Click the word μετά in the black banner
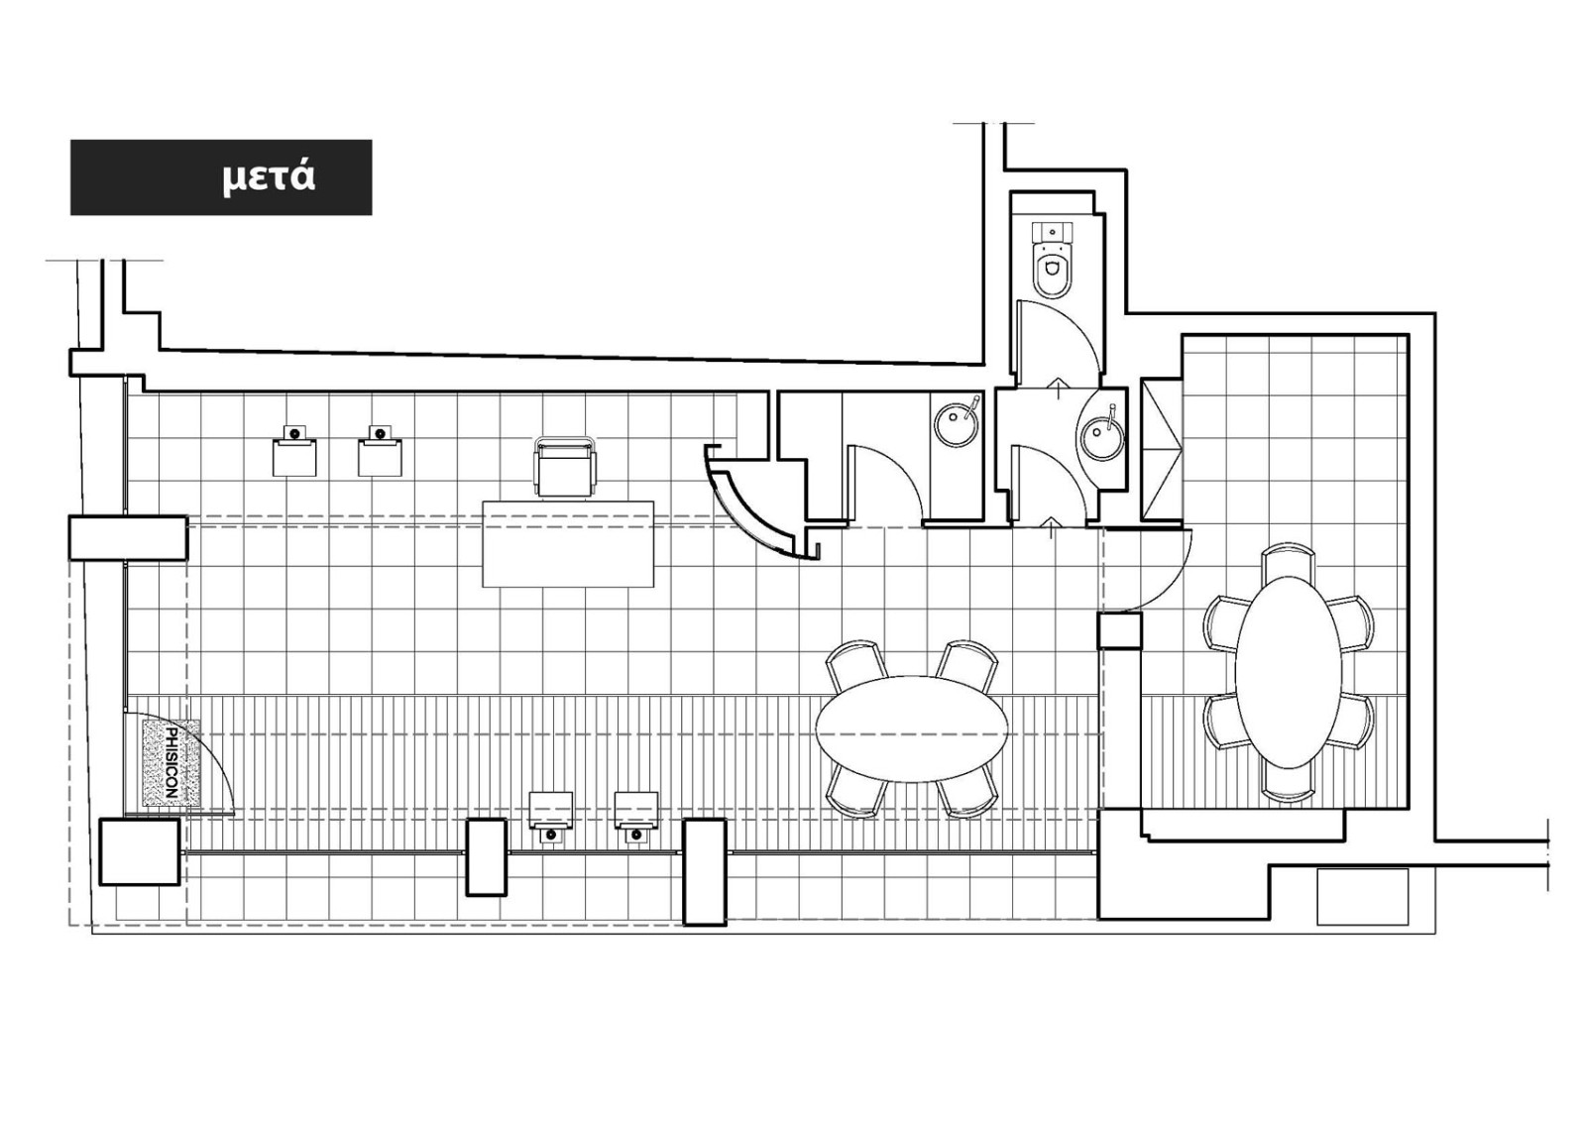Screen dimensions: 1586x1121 pos(269,178)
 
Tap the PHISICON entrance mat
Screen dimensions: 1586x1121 pos(171,762)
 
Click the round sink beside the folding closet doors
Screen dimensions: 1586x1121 pos(1101,430)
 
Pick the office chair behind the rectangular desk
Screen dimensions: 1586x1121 pos(566,467)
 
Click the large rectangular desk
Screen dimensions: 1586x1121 pos(568,544)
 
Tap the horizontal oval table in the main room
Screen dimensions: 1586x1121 pos(912,729)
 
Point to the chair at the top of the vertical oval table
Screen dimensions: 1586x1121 pos(1288,562)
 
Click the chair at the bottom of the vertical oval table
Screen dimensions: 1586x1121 pos(1288,783)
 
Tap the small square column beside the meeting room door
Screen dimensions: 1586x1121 pos(1119,631)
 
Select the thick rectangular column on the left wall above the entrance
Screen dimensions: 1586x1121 pos(128,538)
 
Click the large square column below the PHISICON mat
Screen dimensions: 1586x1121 pos(140,852)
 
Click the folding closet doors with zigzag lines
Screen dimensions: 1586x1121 pos(1161,450)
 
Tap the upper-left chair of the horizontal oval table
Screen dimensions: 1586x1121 pos(856,667)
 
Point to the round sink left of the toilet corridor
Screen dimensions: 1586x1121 pos(958,422)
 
